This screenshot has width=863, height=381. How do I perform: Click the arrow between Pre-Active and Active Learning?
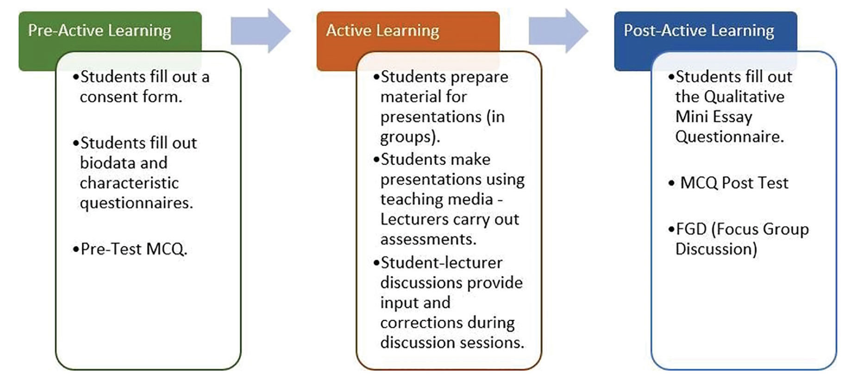261,31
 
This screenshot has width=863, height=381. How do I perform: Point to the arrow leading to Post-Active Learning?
558,31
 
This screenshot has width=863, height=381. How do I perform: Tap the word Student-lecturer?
441,263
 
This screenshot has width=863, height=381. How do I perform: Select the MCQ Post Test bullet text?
734,183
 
